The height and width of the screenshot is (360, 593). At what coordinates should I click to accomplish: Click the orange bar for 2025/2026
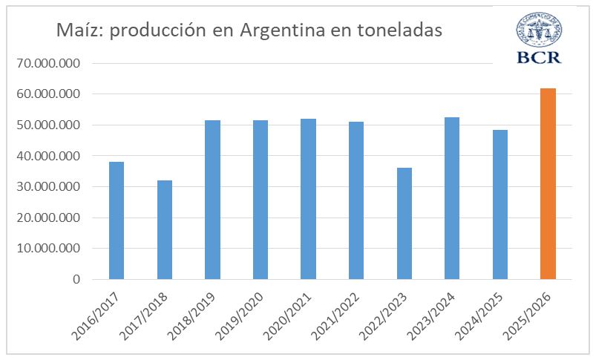pyautogui.click(x=548, y=184)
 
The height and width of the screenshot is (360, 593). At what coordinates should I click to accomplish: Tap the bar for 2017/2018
pyautogui.click(x=164, y=230)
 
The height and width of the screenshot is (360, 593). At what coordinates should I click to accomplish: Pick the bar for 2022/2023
pyautogui.click(x=404, y=223)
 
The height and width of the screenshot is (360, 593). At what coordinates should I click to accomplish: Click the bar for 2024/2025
pyautogui.click(x=500, y=205)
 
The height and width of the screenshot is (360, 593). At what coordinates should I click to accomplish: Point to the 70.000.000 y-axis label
pyautogui.click(x=50, y=63)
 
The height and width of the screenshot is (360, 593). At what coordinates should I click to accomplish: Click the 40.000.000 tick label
pyautogui.click(x=50, y=156)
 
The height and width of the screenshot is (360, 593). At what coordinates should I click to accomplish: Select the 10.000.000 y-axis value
pyautogui.click(x=50, y=249)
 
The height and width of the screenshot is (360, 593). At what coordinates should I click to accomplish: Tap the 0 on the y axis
pyautogui.click(x=76, y=280)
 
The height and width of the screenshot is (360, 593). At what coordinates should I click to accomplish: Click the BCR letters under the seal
pyautogui.click(x=540, y=57)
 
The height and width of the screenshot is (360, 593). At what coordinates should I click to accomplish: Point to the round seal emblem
pyautogui.click(x=540, y=28)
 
